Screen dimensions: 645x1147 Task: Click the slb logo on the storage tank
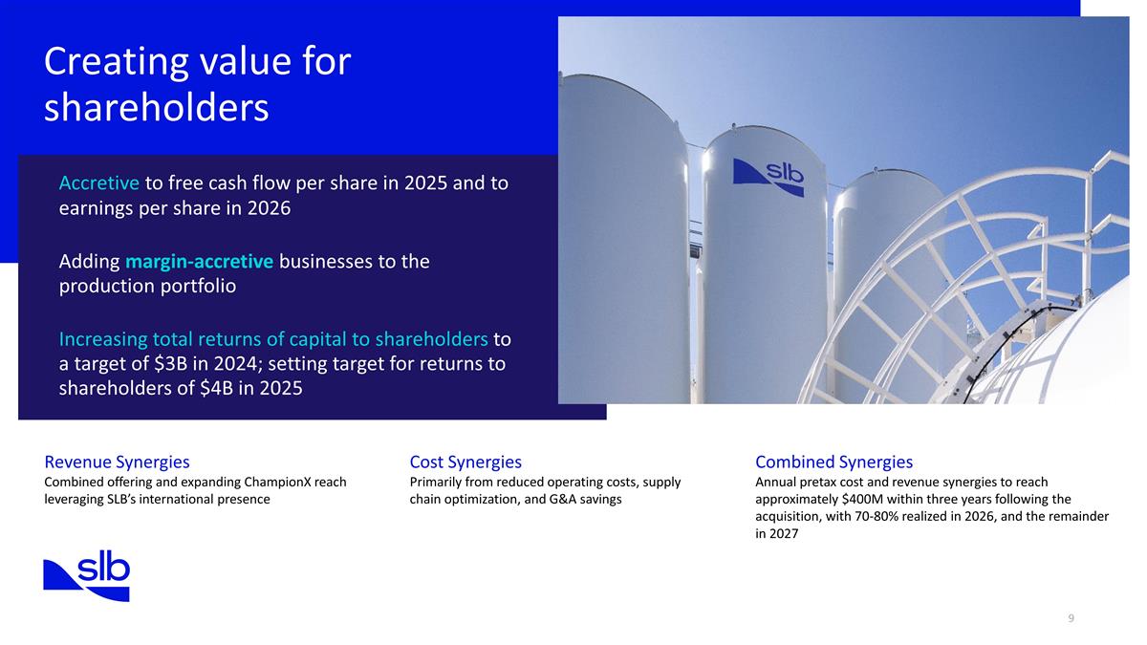point(768,178)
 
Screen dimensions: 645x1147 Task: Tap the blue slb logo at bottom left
point(86,576)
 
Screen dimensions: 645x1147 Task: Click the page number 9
point(1071,618)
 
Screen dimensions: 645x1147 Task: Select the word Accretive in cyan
point(99,183)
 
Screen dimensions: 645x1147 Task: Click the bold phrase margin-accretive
point(199,261)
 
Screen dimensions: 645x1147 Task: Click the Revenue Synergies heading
point(117,462)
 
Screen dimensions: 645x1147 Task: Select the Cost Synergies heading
point(465,462)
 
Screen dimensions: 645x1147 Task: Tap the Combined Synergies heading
point(833,462)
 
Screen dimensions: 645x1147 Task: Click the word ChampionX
point(281,482)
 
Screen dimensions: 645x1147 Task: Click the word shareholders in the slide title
point(156,108)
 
